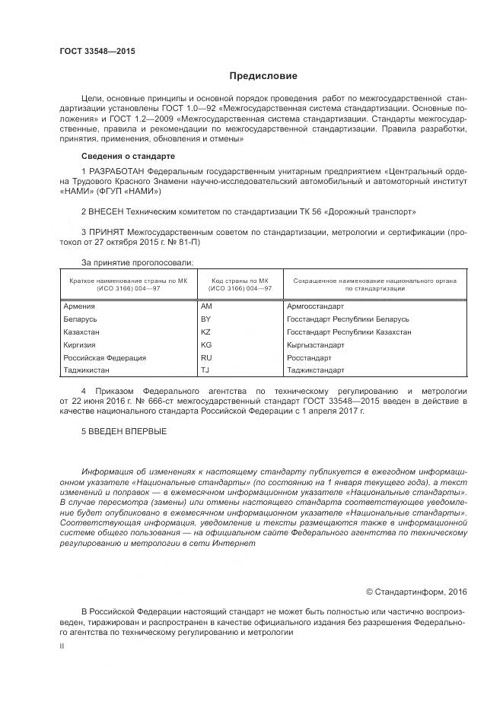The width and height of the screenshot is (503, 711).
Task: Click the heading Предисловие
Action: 263,76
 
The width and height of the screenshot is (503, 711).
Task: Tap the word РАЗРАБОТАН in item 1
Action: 117,172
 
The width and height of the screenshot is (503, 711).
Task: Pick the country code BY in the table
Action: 205,319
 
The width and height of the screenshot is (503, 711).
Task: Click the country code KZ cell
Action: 205,332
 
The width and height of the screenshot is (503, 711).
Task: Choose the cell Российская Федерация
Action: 104,357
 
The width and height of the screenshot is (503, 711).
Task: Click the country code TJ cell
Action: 205,370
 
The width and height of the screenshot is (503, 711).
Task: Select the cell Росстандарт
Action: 309,357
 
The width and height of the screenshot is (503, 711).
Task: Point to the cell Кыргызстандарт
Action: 316,344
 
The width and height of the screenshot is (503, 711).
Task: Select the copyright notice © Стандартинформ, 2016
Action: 416,591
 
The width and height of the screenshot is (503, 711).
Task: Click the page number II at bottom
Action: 62,646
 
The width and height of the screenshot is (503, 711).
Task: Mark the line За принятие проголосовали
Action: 137,262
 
